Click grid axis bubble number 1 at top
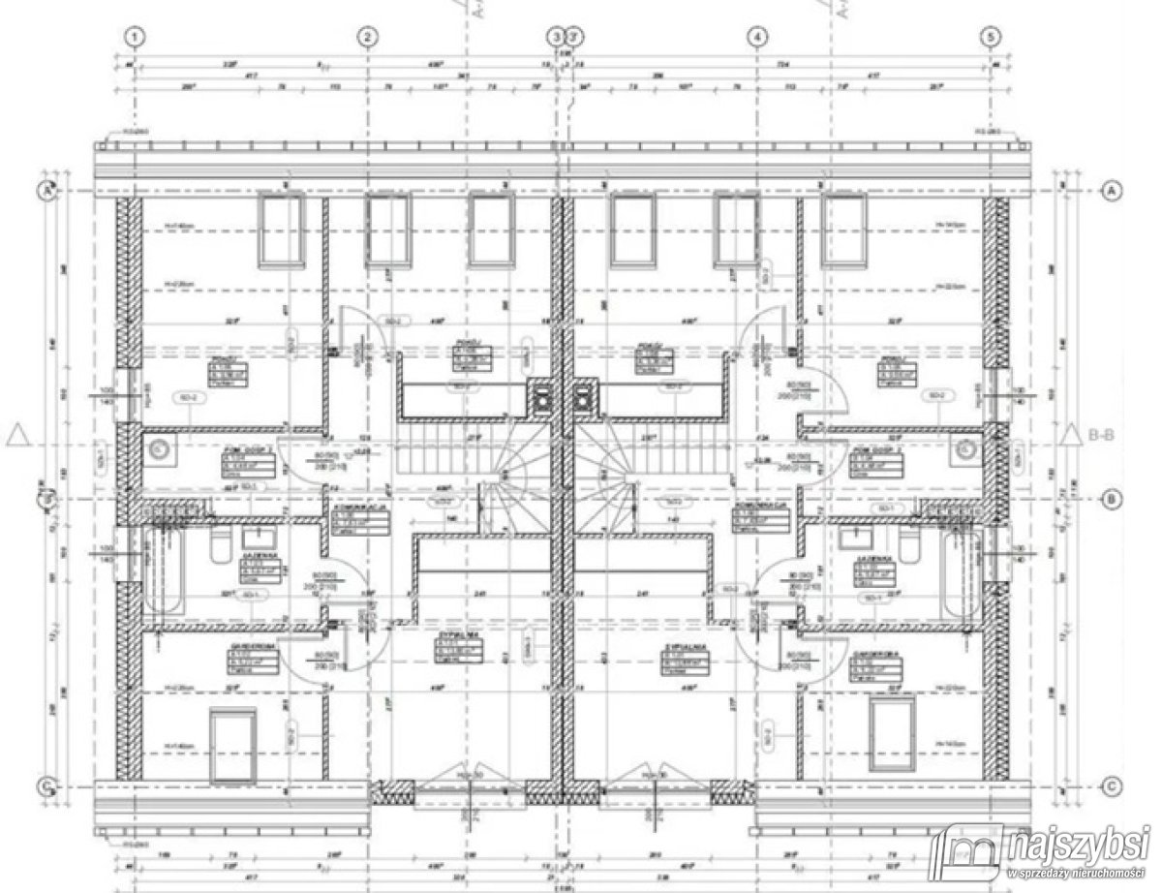pos(136,37)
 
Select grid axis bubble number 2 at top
pos(367,37)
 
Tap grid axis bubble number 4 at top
pos(757,37)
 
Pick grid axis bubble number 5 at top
pos(989,37)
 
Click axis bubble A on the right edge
pos(1112,192)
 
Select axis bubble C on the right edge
pos(1112,785)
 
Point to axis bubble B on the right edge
pos(1112,500)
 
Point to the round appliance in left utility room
pos(161,447)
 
